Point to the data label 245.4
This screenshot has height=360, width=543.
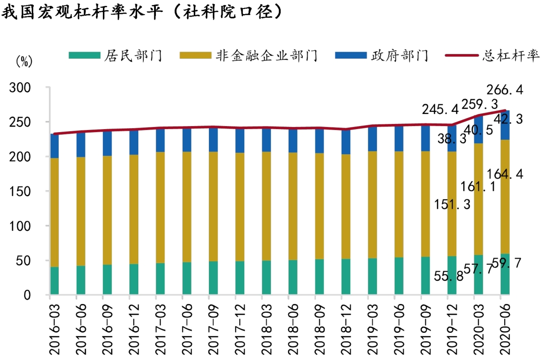441,109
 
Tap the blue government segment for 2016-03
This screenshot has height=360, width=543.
55,146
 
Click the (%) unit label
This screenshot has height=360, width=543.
24,62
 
